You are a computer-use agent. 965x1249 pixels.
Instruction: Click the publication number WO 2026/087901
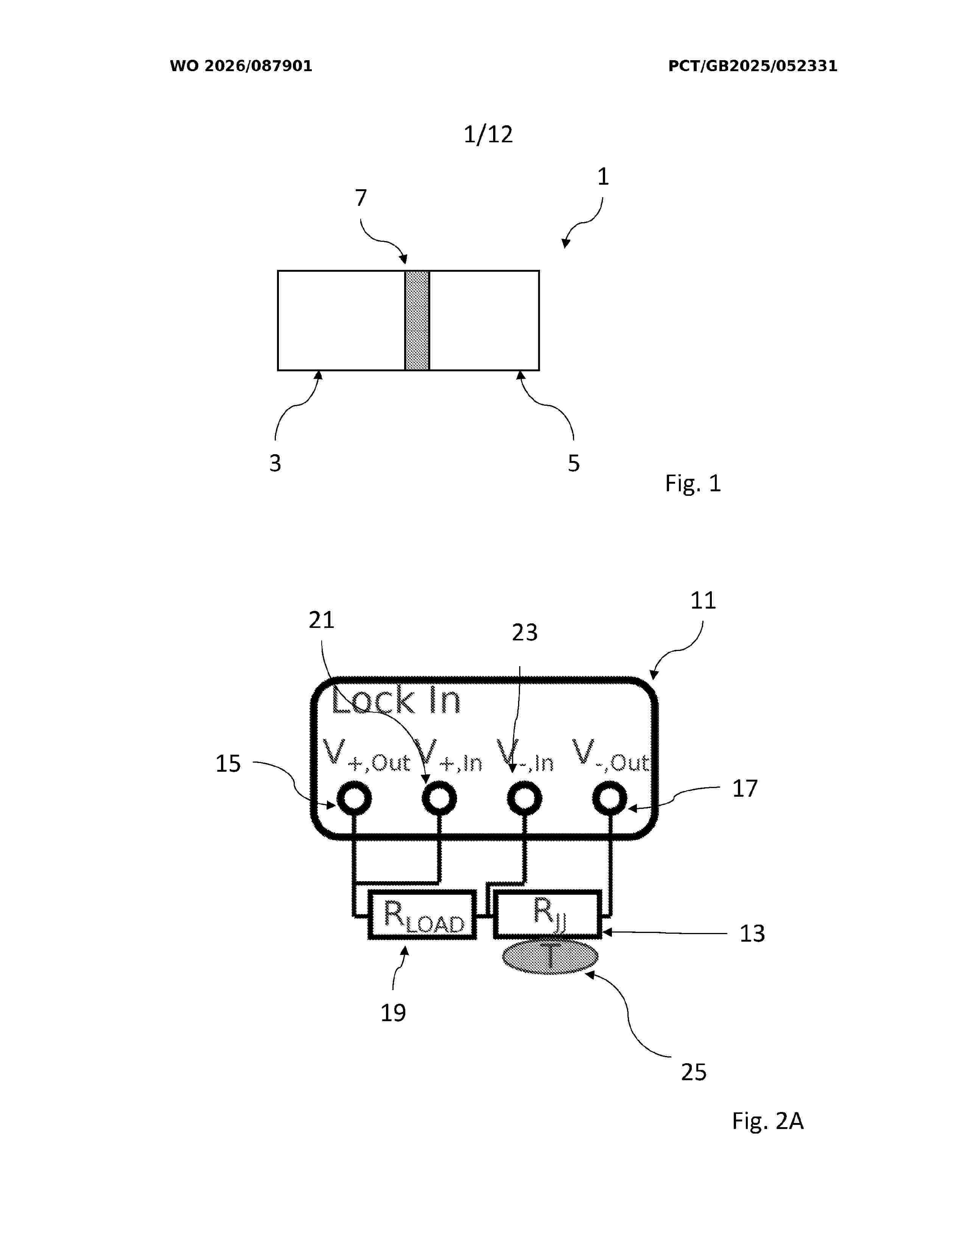click(241, 66)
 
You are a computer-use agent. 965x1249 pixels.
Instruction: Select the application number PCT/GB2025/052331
click(752, 66)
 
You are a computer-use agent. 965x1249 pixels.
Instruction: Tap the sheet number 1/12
click(488, 134)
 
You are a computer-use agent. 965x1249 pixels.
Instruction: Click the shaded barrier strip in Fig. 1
click(417, 320)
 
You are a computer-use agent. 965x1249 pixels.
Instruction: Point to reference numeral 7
click(361, 198)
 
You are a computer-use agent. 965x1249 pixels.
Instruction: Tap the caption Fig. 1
click(693, 483)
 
